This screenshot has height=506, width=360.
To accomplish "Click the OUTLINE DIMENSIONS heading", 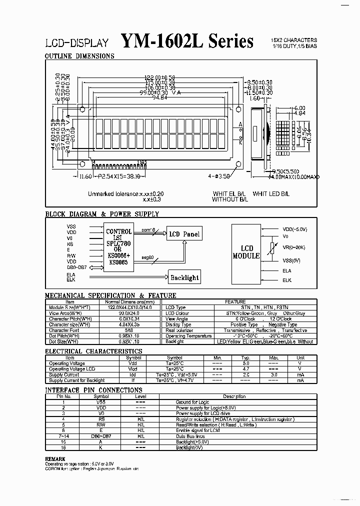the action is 80,56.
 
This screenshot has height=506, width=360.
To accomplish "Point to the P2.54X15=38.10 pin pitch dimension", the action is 119,176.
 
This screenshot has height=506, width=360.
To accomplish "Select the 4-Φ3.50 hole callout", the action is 220,176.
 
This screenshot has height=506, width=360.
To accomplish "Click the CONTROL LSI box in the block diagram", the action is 118,247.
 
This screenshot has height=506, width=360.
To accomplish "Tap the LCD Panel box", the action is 184,234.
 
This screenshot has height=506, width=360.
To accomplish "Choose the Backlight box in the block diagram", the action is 184,277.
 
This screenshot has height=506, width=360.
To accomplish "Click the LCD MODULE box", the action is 247,252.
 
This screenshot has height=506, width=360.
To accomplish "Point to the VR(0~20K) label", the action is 294,247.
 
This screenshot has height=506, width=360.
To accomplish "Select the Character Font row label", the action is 64,330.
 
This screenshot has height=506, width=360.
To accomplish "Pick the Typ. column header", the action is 245,357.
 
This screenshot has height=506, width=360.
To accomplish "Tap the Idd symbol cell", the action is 133,374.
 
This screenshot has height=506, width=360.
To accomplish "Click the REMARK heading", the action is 55,458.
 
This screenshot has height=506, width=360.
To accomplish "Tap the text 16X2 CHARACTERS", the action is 293,40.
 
